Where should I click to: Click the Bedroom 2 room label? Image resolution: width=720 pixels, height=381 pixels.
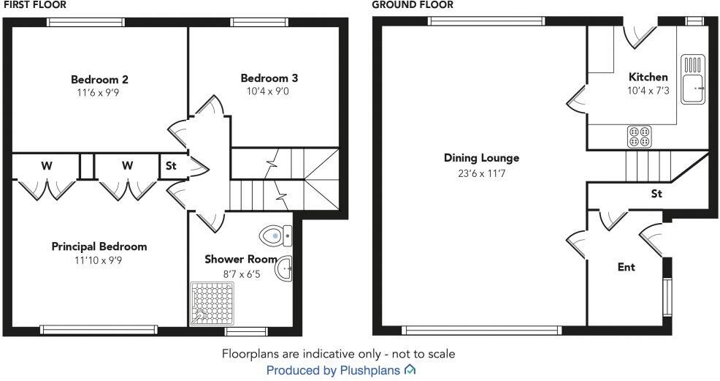100,79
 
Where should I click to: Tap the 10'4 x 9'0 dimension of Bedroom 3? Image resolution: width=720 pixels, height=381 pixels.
269,91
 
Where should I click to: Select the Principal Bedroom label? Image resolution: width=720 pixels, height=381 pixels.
99,246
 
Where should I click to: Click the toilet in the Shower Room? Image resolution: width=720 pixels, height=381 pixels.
275,235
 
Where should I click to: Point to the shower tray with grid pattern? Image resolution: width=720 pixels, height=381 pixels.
212,303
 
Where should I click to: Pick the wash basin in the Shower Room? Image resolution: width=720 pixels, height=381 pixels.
284,270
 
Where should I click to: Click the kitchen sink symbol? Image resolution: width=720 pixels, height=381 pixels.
692,78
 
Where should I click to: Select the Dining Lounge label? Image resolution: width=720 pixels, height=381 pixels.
481,158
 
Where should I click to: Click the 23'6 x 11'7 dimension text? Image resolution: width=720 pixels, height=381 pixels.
481,173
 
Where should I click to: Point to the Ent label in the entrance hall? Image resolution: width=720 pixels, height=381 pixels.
627,267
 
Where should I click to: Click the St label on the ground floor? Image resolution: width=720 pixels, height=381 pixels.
656,194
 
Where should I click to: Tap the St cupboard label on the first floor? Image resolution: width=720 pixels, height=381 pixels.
171,166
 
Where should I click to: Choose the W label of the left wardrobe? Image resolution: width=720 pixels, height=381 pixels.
46,166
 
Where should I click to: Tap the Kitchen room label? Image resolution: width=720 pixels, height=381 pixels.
648,77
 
